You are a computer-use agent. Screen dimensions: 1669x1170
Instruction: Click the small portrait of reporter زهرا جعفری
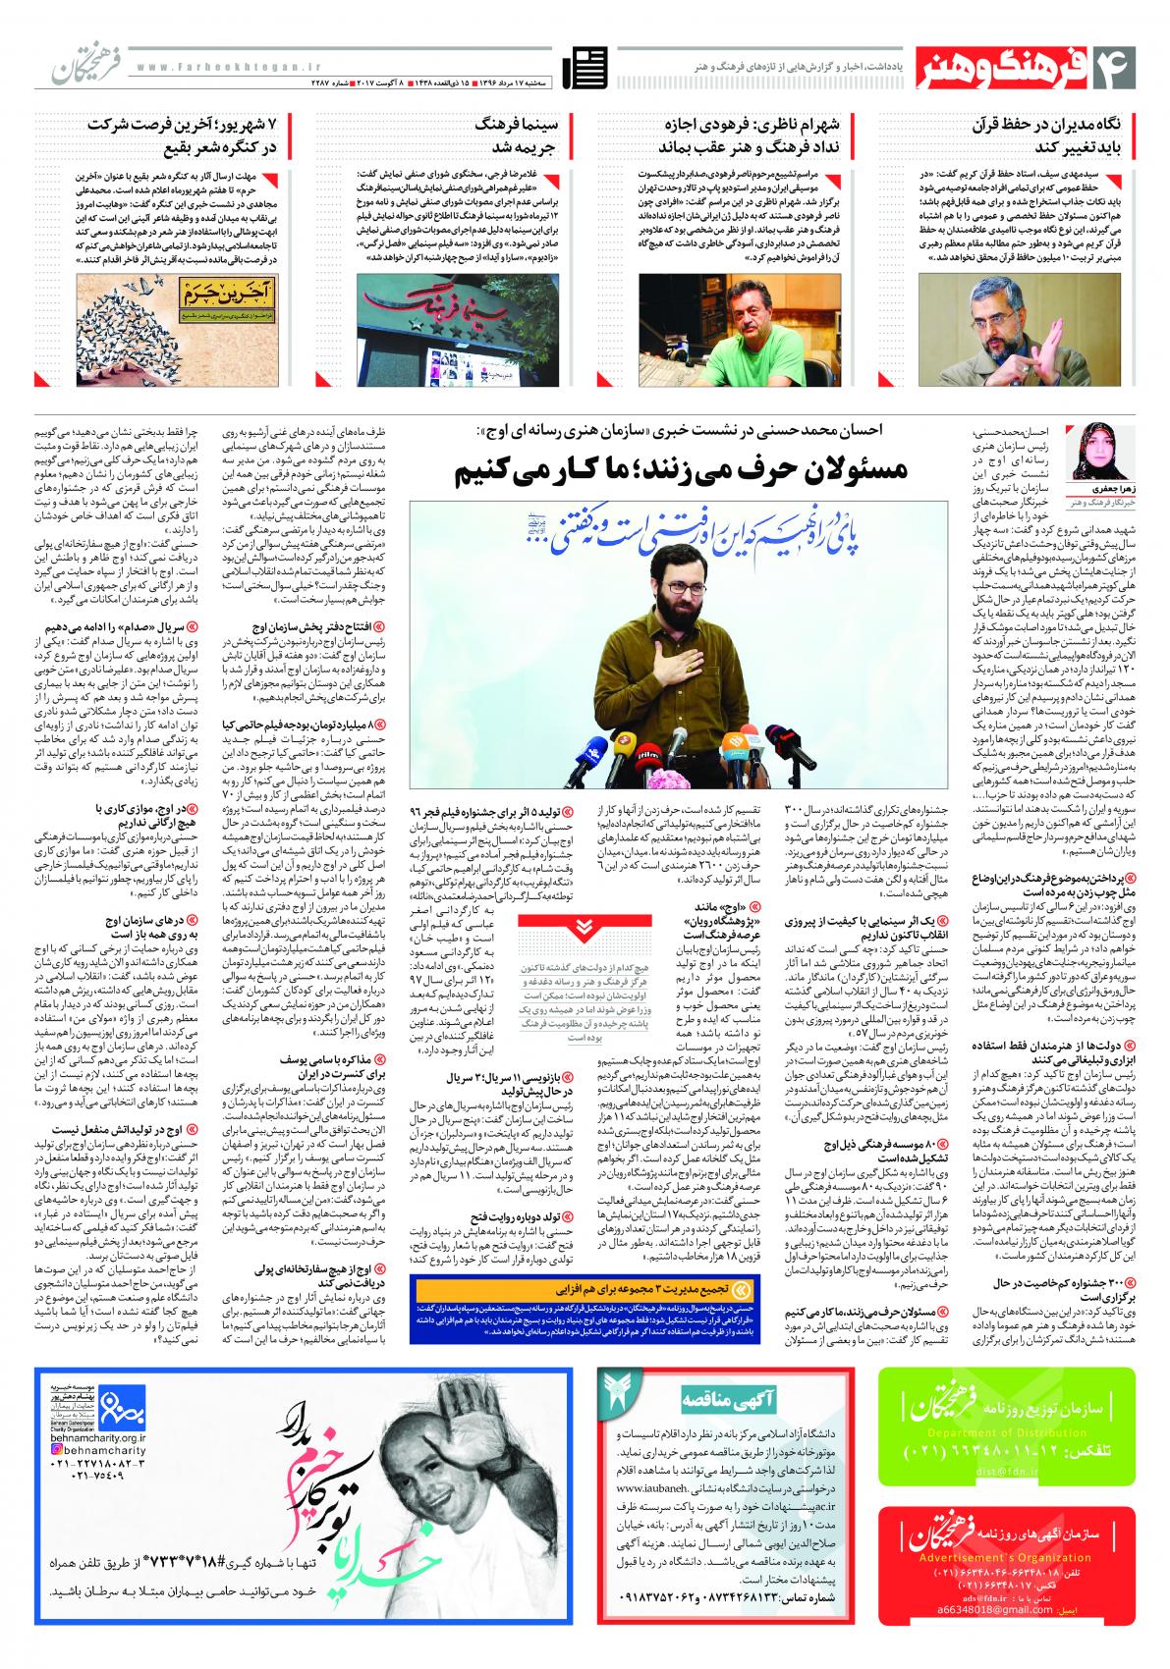click(1094, 458)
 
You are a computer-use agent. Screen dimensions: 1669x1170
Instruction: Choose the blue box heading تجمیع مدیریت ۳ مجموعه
click(668, 1285)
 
